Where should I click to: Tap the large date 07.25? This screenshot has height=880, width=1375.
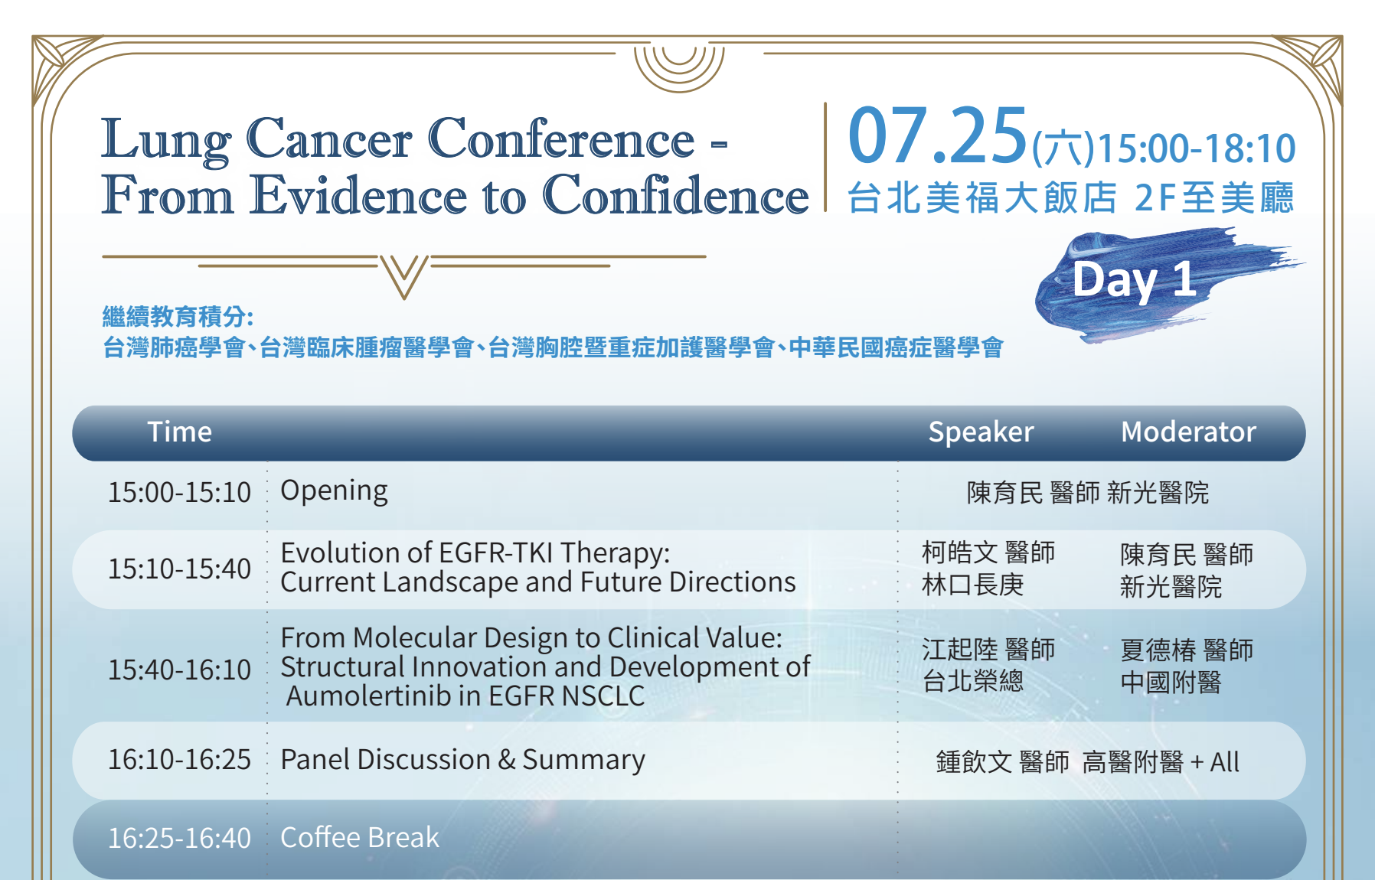click(x=937, y=136)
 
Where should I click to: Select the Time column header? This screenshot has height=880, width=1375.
click(x=180, y=432)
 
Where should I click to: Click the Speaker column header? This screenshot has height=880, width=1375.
click(x=981, y=433)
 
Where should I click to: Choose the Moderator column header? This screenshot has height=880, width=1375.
click(x=1188, y=432)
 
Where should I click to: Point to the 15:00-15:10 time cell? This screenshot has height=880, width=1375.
click(x=179, y=492)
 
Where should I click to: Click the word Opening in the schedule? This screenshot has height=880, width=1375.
click(x=334, y=491)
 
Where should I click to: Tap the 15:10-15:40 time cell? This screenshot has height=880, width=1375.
click(x=179, y=569)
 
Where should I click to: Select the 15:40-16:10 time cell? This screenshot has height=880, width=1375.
click(x=179, y=670)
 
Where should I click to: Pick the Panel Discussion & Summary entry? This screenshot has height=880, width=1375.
click(x=462, y=761)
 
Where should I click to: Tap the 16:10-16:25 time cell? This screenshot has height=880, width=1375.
click(x=179, y=760)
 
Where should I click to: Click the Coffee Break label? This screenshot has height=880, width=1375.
click(x=360, y=838)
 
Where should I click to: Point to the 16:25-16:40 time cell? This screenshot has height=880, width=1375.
click(x=179, y=838)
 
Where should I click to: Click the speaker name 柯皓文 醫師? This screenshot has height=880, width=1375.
click(x=988, y=552)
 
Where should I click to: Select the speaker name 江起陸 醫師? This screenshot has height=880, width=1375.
click(x=988, y=650)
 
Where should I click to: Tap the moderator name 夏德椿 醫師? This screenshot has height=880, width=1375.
click(x=1187, y=650)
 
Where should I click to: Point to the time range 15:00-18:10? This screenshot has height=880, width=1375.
click(x=1197, y=148)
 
